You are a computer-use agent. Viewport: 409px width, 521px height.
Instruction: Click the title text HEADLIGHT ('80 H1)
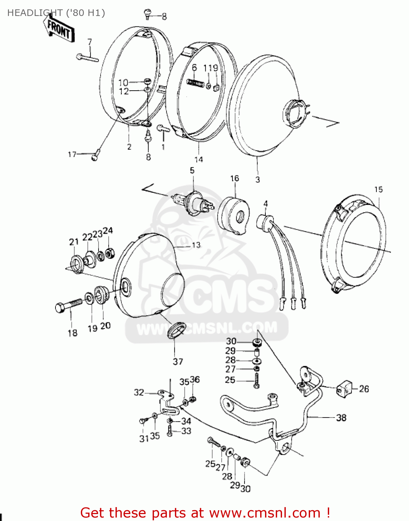[56, 13]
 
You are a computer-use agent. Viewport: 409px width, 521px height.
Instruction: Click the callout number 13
[196, 245]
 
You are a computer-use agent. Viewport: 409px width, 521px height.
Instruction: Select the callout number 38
[341, 417]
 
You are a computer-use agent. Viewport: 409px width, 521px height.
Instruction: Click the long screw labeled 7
[87, 58]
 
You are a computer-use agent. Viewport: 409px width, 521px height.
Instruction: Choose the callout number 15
[378, 190]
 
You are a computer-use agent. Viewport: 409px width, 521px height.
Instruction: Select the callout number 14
[198, 159]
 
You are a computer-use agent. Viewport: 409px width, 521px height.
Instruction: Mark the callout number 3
[257, 180]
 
